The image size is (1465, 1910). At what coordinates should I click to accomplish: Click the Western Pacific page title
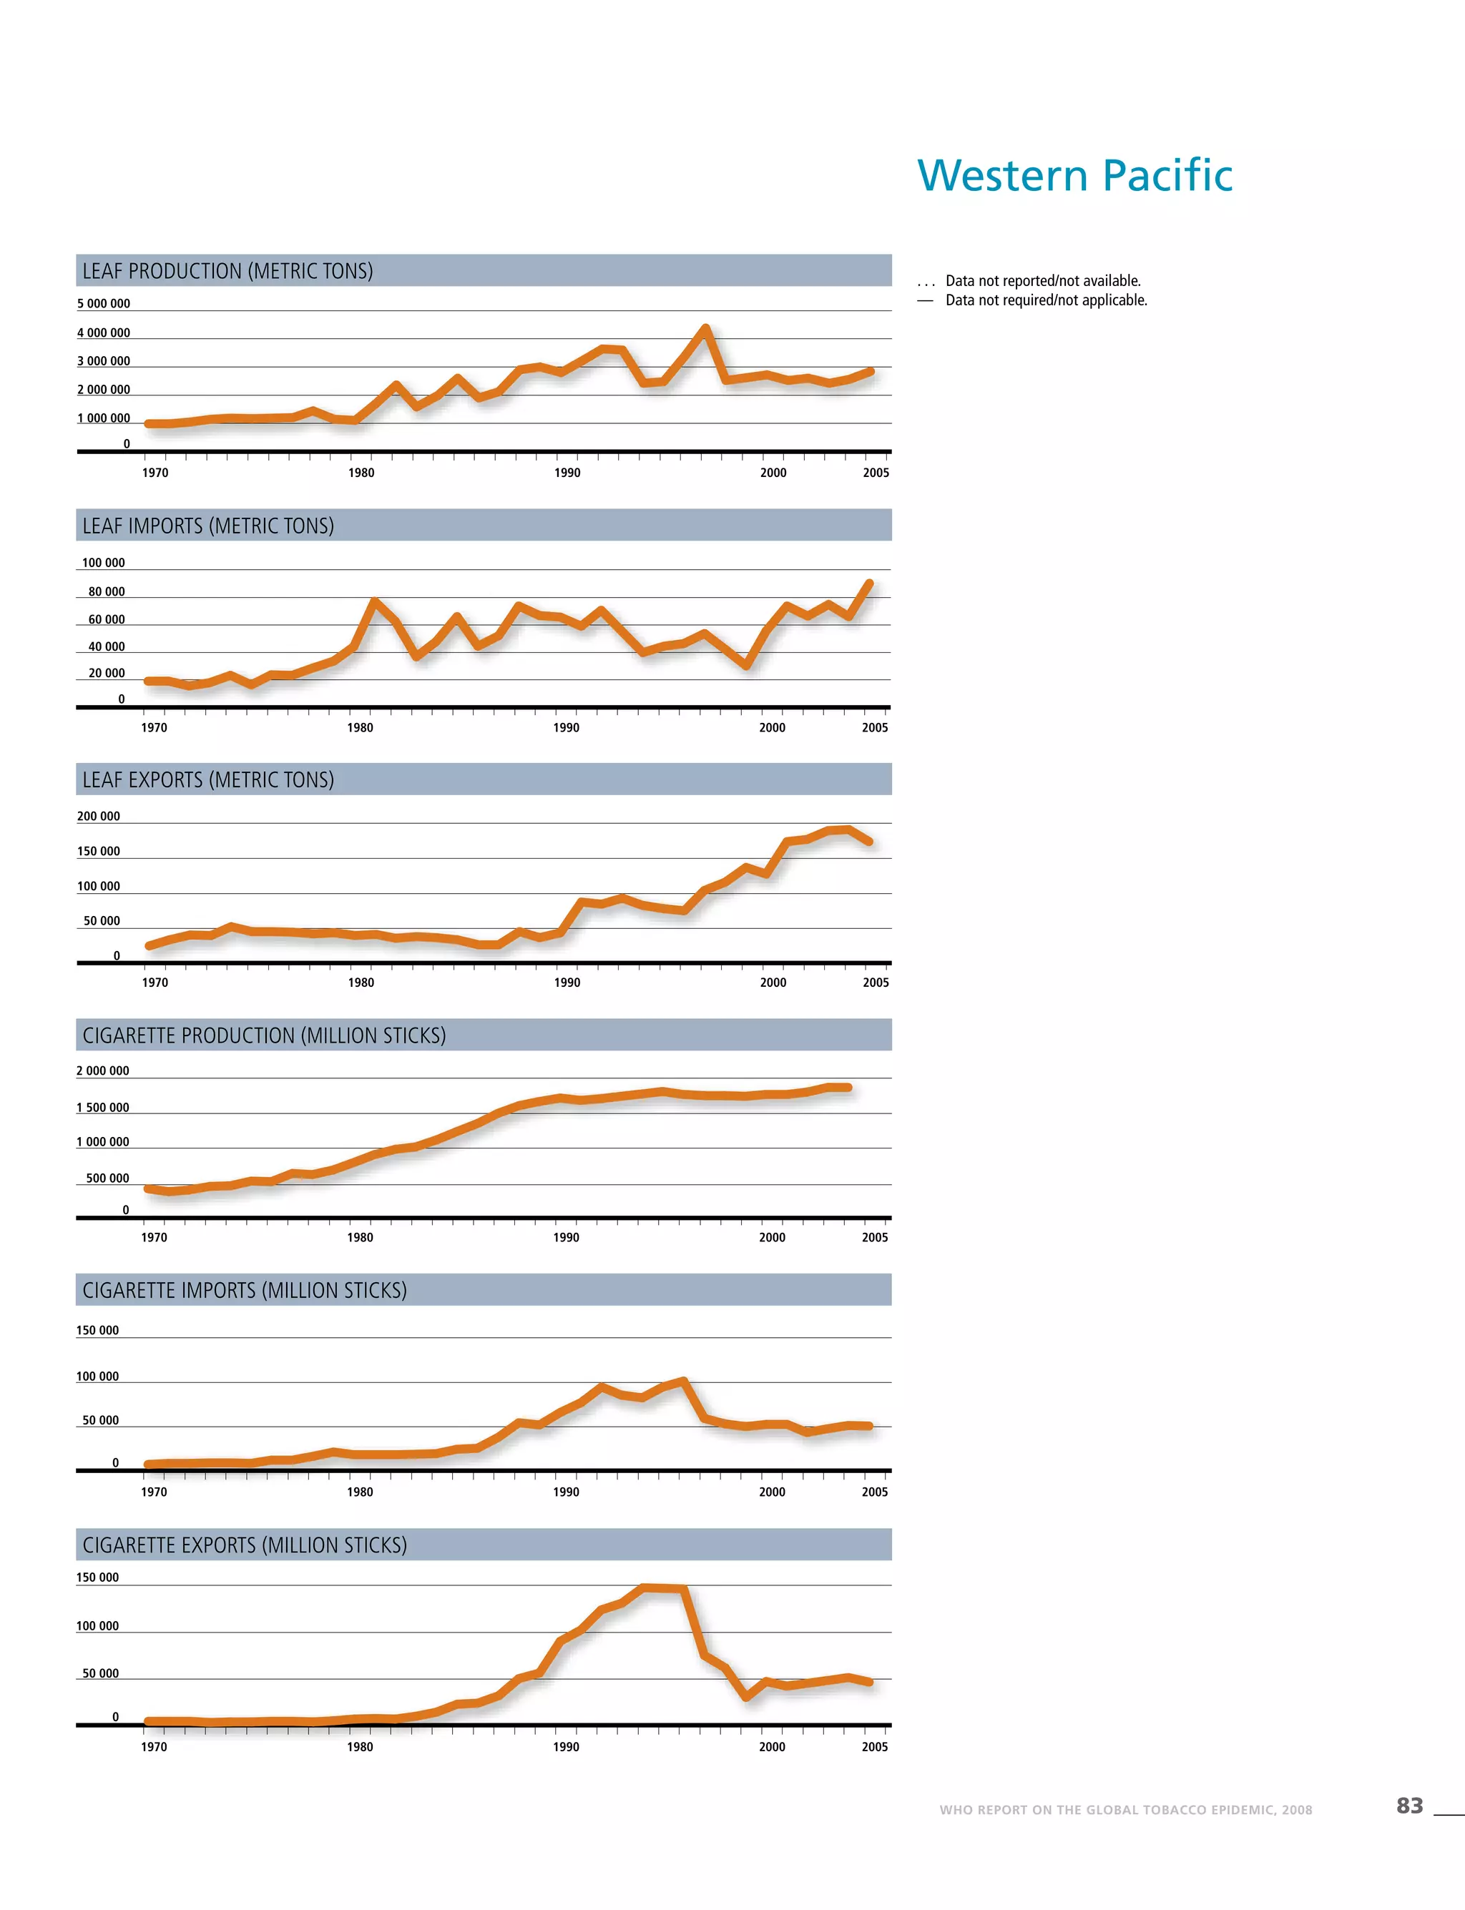(1074, 175)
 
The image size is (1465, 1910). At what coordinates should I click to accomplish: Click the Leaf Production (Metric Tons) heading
(227, 271)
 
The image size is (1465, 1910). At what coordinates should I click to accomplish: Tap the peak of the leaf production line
(705, 329)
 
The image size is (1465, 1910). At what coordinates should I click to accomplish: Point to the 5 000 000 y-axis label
(103, 303)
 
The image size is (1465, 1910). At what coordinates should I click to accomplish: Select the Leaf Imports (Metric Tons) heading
(207, 526)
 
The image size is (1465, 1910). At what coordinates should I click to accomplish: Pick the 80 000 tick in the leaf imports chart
(106, 591)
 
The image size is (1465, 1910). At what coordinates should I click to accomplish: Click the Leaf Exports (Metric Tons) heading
(207, 779)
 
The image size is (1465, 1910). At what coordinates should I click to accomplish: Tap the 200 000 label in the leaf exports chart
(98, 816)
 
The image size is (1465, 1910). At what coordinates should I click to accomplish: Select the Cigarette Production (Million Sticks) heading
(263, 1035)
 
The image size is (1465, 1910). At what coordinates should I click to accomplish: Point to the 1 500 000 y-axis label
(102, 1107)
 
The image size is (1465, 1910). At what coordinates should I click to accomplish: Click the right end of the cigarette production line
(848, 1087)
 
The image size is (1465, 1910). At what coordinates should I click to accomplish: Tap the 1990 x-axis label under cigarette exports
(566, 1746)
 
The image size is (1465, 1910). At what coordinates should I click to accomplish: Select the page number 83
(1409, 1806)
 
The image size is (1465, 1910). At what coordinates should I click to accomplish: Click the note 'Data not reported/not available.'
(1042, 281)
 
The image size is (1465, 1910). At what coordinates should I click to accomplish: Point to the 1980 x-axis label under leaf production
(361, 473)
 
